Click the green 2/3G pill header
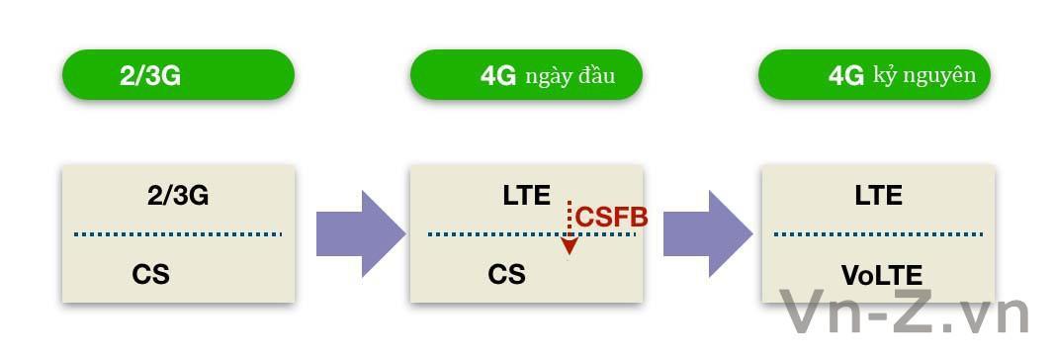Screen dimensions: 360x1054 178,75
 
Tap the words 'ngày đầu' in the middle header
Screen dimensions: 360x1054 571,76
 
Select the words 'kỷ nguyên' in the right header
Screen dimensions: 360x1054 924,75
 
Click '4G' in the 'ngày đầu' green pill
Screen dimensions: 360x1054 498,76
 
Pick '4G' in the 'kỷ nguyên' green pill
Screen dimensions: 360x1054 846,76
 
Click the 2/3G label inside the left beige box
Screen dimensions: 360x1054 178,196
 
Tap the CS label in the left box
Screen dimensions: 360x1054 150,274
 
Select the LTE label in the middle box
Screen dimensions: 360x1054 526,196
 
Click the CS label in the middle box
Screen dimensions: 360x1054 506,274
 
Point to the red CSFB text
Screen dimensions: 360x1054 611,218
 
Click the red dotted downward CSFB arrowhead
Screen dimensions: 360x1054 569,246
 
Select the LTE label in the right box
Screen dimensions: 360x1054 878,196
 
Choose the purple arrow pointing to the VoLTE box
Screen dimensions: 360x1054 707,234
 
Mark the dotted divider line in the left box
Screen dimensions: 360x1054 178,234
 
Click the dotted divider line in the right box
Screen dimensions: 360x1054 878,234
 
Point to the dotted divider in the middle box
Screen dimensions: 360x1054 494,234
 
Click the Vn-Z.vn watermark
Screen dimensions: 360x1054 905,314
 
